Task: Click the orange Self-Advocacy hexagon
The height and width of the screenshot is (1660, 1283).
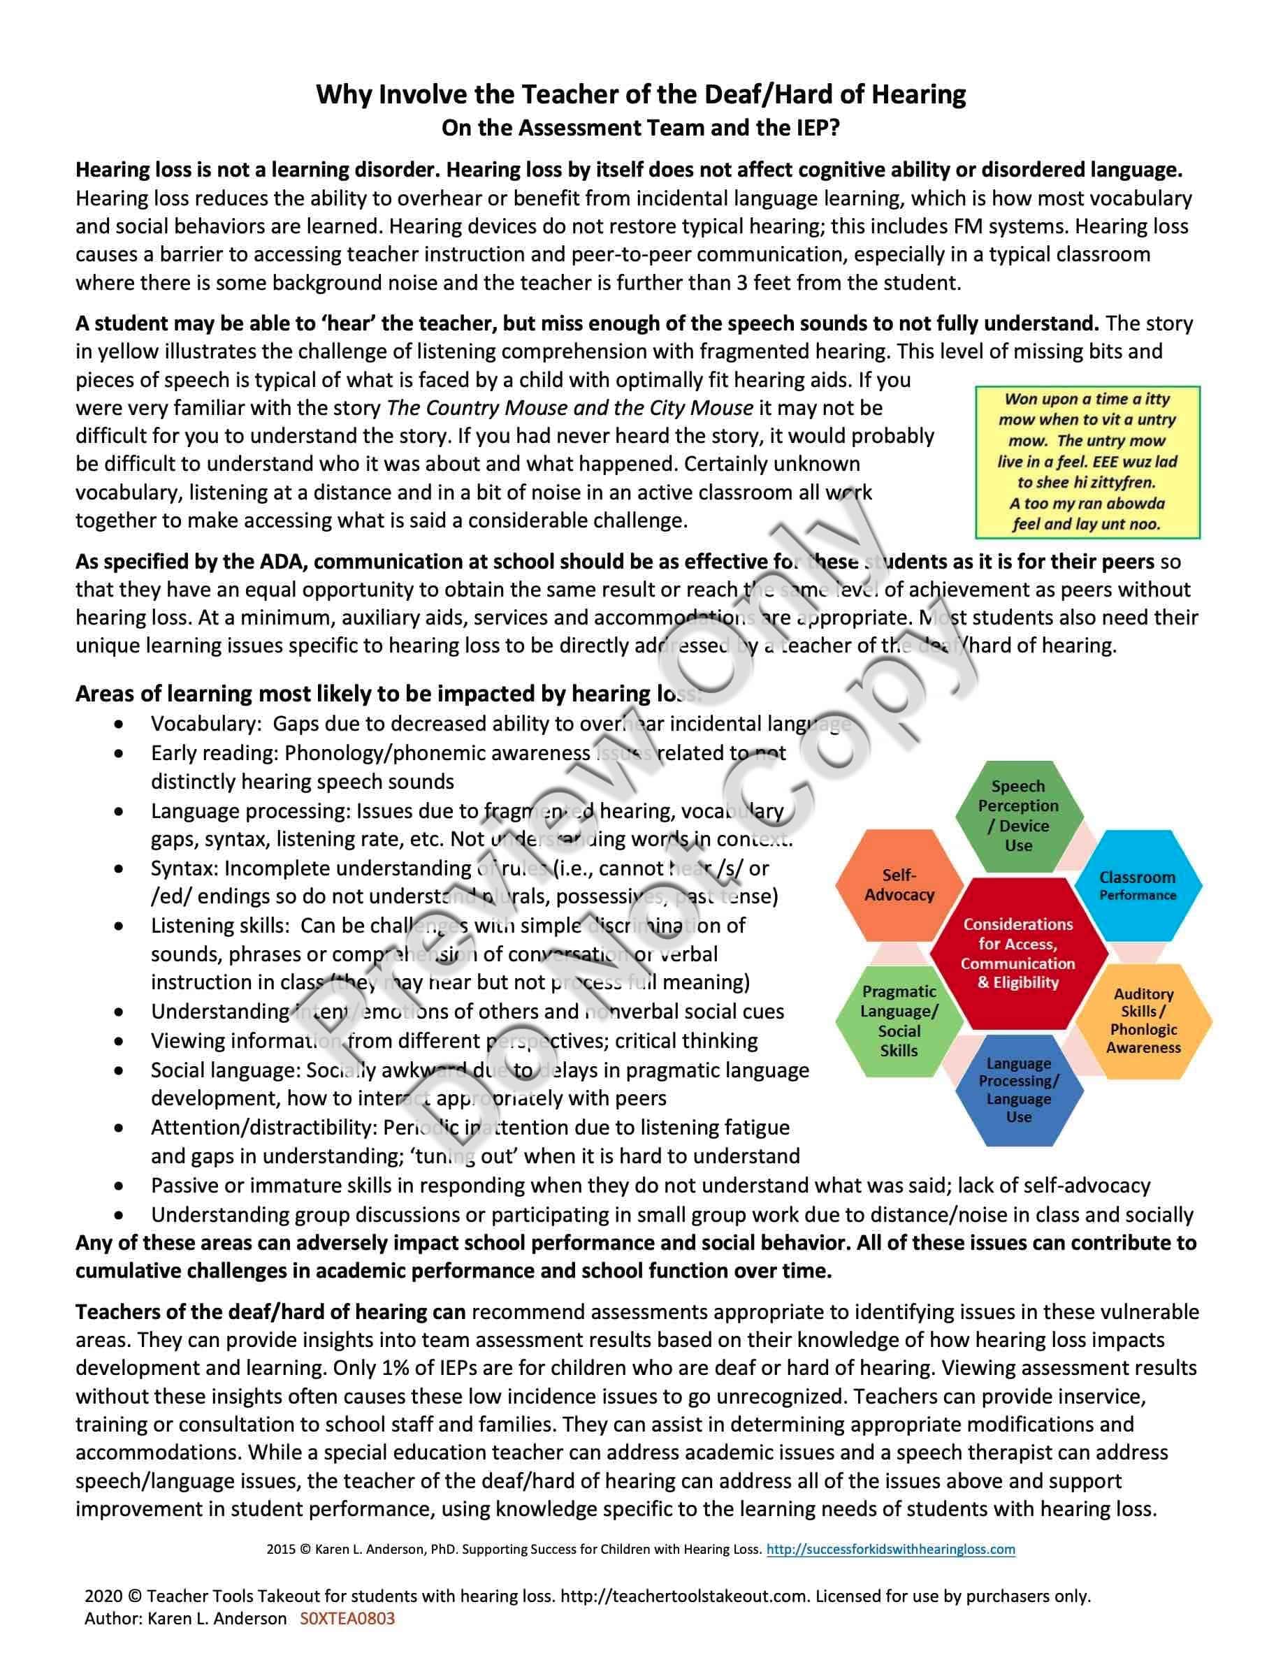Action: point(899,884)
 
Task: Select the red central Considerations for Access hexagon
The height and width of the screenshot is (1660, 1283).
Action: point(1017,953)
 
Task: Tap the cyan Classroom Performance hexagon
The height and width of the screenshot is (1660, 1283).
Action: point(1137,884)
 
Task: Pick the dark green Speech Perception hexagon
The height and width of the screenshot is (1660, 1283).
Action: point(1017,815)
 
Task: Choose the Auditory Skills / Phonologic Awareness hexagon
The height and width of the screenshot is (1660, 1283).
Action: point(1143,1020)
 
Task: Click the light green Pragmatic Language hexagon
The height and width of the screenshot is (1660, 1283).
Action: point(899,1020)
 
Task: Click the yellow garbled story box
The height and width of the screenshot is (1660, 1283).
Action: point(1087,461)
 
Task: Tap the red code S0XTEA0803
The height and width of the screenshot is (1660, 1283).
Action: point(347,1618)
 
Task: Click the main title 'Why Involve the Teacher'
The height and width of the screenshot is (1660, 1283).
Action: point(641,94)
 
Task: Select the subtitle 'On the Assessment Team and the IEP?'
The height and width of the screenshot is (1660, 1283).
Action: point(641,128)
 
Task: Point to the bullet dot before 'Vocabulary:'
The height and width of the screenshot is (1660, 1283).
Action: point(119,725)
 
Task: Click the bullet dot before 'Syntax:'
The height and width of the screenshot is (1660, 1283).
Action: point(119,868)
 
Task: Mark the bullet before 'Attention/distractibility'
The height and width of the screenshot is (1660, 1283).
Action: point(119,1128)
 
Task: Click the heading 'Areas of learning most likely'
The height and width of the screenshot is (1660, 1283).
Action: point(388,693)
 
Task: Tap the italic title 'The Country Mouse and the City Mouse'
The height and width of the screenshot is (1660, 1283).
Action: point(570,408)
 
